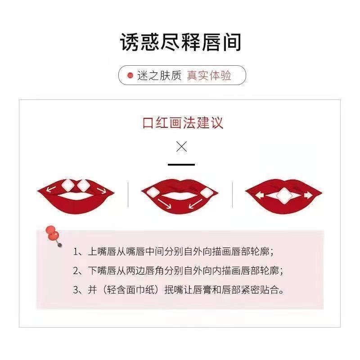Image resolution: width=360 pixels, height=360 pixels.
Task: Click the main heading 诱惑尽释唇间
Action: [x=180, y=42]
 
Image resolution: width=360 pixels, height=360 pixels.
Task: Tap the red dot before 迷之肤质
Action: [x=130, y=75]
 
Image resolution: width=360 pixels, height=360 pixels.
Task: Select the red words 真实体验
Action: [x=209, y=75]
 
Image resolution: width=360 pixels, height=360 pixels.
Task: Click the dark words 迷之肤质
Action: [x=159, y=75]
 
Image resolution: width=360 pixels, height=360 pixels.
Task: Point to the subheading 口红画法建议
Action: [x=183, y=123]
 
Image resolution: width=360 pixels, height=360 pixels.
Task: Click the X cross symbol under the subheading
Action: [x=182, y=147]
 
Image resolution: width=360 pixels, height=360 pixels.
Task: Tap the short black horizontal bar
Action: [x=181, y=165]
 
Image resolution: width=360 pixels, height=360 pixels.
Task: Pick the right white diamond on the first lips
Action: [x=83, y=185]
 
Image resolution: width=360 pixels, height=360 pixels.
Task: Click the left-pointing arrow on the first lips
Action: [x=51, y=189]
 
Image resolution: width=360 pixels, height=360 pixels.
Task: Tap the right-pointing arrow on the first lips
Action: [x=102, y=190]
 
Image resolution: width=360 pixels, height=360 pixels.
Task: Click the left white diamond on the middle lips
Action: [x=152, y=192]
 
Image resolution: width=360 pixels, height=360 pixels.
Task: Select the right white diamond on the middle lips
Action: [x=207, y=193]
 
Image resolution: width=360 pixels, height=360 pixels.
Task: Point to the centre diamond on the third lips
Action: [x=284, y=195]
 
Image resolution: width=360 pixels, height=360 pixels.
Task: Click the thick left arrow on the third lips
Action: [x=260, y=195]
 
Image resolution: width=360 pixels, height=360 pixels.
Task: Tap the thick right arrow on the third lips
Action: [x=308, y=195]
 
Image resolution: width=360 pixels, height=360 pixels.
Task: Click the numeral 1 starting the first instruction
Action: [x=75, y=252]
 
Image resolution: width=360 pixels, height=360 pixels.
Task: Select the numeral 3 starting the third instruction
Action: [x=76, y=290]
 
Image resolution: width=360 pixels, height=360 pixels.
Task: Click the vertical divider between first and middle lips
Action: [x=128, y=195]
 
